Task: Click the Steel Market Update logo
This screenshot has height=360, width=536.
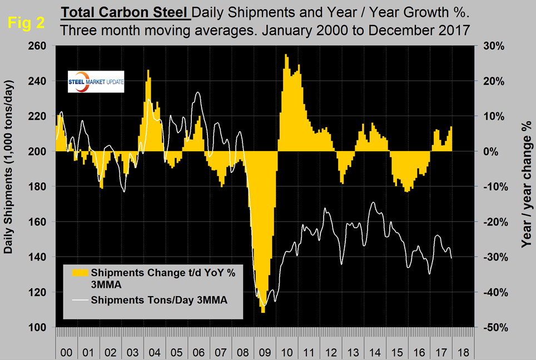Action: (x=95, y=82)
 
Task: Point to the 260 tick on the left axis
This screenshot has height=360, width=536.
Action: (x=41, y=46)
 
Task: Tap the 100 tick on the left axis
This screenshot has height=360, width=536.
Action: (x=41, y=327)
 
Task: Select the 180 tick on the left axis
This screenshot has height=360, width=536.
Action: (x=41, y=187)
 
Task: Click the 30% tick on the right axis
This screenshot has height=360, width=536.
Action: (x=493, y=46)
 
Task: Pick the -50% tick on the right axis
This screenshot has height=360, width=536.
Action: (x=493, y=327)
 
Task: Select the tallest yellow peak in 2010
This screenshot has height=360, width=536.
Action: (x=286, y=56)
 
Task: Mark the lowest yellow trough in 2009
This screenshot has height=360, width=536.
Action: (x=262, y=311)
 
